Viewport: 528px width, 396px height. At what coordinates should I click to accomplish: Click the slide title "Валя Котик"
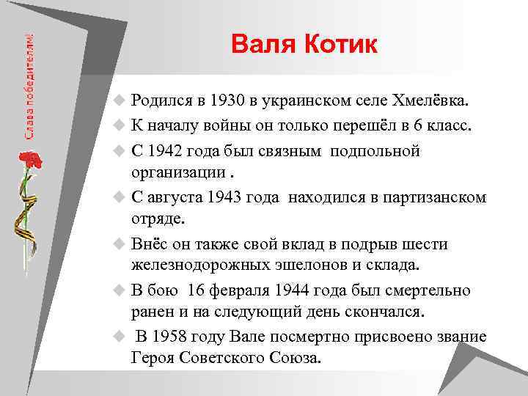tap(304, 45)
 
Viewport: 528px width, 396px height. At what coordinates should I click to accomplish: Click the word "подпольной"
tap(375, 150)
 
